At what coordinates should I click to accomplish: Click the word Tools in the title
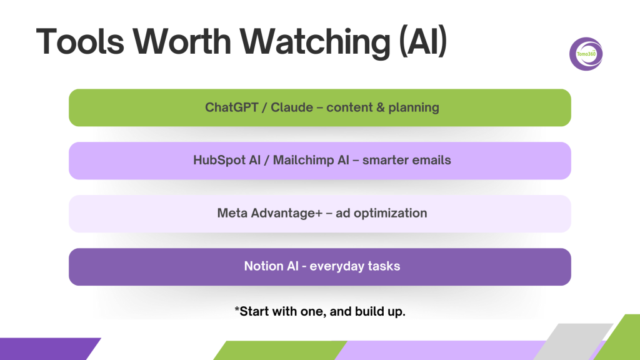pyautogui.click(x=80, y=41)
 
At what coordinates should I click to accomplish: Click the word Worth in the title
pyautogui.click(x=182, y=41)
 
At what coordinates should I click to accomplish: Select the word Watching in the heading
pyautogui.click(x=315, y=43)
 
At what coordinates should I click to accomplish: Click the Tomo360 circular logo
pyautogui.click(x=586, y=54)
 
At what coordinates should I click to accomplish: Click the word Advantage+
pyautogui.click(x=286, y=214)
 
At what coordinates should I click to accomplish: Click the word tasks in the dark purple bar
pyautogui.click(x=384, y=266)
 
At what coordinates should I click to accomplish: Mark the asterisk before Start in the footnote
pyautogui.click(x=237, y=309)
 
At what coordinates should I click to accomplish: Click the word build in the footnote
pyautogui.click(x=367, y=311)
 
